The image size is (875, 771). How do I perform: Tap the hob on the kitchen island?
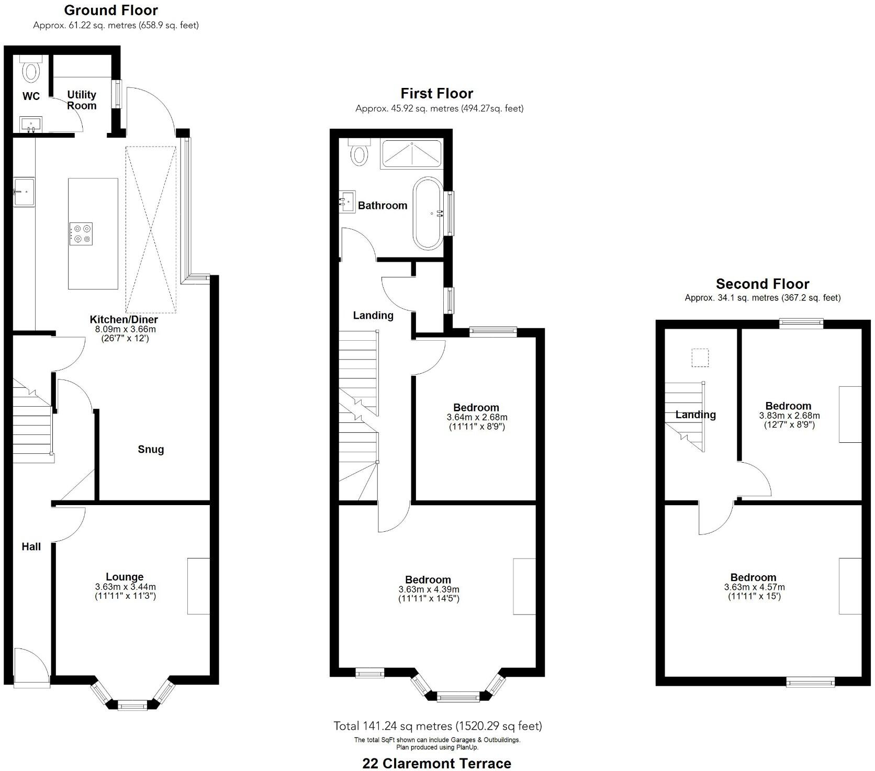click(x=81, y=233)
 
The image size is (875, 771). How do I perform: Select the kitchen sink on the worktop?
click(x=24, y=193)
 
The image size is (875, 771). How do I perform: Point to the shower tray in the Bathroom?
click(x=411, y=153)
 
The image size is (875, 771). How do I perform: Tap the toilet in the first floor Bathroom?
click(x=359, y=152)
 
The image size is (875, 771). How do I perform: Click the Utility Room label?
click(x=82, y=100)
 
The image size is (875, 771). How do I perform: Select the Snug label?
click(x=151, y=449)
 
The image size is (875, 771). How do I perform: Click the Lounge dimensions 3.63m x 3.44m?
click(x=126, y=587)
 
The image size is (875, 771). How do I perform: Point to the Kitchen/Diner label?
click(x=124, y=319)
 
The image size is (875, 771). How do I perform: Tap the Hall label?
click(x=31, y=546)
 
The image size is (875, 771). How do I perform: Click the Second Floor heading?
click(x=762, y=284)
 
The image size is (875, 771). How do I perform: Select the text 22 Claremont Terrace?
click(x=437, y=763)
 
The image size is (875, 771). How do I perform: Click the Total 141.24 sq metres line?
click(x=438, y=725)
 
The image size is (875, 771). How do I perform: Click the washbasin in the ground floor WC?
click(x=31, y=125)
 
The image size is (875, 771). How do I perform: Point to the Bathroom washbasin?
click(x=347, y=201)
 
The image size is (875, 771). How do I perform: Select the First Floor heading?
click(x=437, y=93)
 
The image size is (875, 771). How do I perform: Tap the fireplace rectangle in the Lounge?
click(x=198, y=586)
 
